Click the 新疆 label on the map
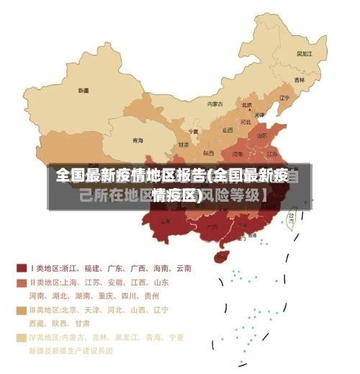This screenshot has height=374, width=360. [x=84, y=91]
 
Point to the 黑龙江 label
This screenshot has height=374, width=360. [x=304, y=53]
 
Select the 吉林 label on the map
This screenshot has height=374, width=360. [x=300, y=79]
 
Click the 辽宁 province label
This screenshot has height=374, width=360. [x=284, y=97]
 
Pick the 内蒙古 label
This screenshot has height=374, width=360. [x=215, y=104]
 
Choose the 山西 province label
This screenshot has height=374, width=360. [x=228, y=130]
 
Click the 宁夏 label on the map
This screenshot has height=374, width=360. [x=193, y=132]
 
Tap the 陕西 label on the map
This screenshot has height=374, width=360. [x=209, y=153]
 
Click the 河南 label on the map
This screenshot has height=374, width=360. [x=238, y=153]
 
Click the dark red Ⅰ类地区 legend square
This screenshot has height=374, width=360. [x=22, y=268]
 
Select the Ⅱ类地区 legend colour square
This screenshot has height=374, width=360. [x=22, y=282]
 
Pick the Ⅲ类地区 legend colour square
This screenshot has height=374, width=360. [x=22, y=310]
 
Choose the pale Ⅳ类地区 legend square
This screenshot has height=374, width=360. [x=22, y=337]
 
